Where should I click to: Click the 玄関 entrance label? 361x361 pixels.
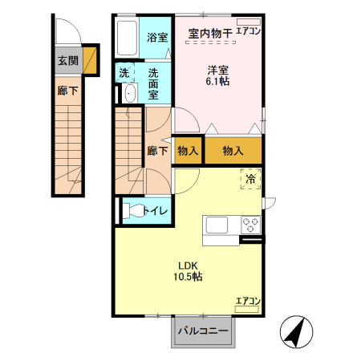click(x=67, y=59)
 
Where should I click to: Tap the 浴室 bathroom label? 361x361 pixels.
click(x=157, y=38)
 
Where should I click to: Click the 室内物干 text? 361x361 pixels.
click(x=209, y=34)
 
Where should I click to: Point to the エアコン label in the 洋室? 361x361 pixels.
click(x=249, y=32)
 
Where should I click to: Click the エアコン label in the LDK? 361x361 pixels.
click(x=248, y=302)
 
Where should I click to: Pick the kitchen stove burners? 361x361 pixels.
click(x=250, y=225)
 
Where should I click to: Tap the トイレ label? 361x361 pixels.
click(x=156, y=211)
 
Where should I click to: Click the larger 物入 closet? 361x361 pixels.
click(x=233, y=150)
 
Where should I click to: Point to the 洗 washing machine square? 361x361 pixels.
click(x=124, y=73)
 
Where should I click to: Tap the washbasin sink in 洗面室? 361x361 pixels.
click(x=130, y=94)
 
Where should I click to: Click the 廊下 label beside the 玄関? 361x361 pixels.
click(x=67, y=91)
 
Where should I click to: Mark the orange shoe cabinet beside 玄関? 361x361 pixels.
click(x=91, y=60)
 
